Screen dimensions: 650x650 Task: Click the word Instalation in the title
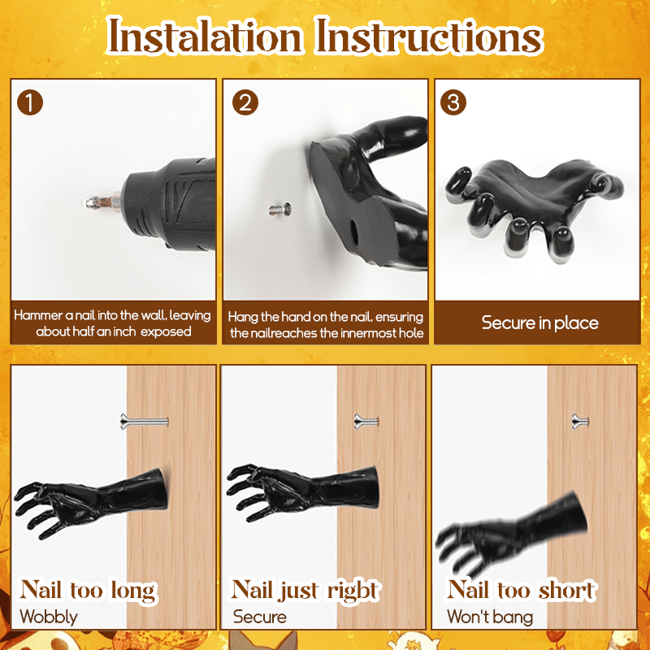(x=204, y=37)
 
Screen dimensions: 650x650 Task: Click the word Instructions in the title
(x=429, y=37)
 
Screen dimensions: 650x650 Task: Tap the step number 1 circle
(x=30, y=102)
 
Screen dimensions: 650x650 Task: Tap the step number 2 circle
(x=245, y=102)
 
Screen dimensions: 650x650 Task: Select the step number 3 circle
(x=453, y=102)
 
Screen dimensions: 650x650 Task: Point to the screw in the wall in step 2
(x=279, y=210)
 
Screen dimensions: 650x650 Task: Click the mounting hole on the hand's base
(x=354, y=232)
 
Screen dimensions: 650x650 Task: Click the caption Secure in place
(x=539, y=323)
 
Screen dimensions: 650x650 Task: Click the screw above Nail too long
(x=145, y=421)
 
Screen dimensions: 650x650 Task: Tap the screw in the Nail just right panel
(x=366, y=422)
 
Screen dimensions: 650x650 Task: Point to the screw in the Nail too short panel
(x=580, y=422)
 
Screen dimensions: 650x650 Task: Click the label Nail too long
(x=89, y=591)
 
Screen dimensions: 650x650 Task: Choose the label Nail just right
(x=305, y=591)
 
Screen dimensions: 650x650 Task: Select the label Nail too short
(x=522, y=590)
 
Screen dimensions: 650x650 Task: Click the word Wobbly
(x=49, y=617)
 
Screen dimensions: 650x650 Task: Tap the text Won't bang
(x=490, y=617)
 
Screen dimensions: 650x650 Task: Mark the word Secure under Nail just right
(x=259, y=617)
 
